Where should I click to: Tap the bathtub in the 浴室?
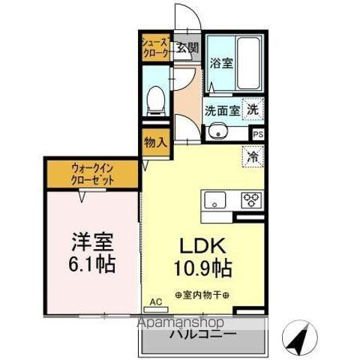[247, 64]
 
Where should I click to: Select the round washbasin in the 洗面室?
[219, 134]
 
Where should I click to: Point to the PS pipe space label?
[258, 134]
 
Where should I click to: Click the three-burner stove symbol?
[250, 200]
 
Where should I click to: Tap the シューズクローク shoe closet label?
[156, 47]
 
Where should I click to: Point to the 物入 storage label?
[154, 142]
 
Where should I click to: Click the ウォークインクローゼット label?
[94, 175]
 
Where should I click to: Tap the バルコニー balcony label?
[202, 333]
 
